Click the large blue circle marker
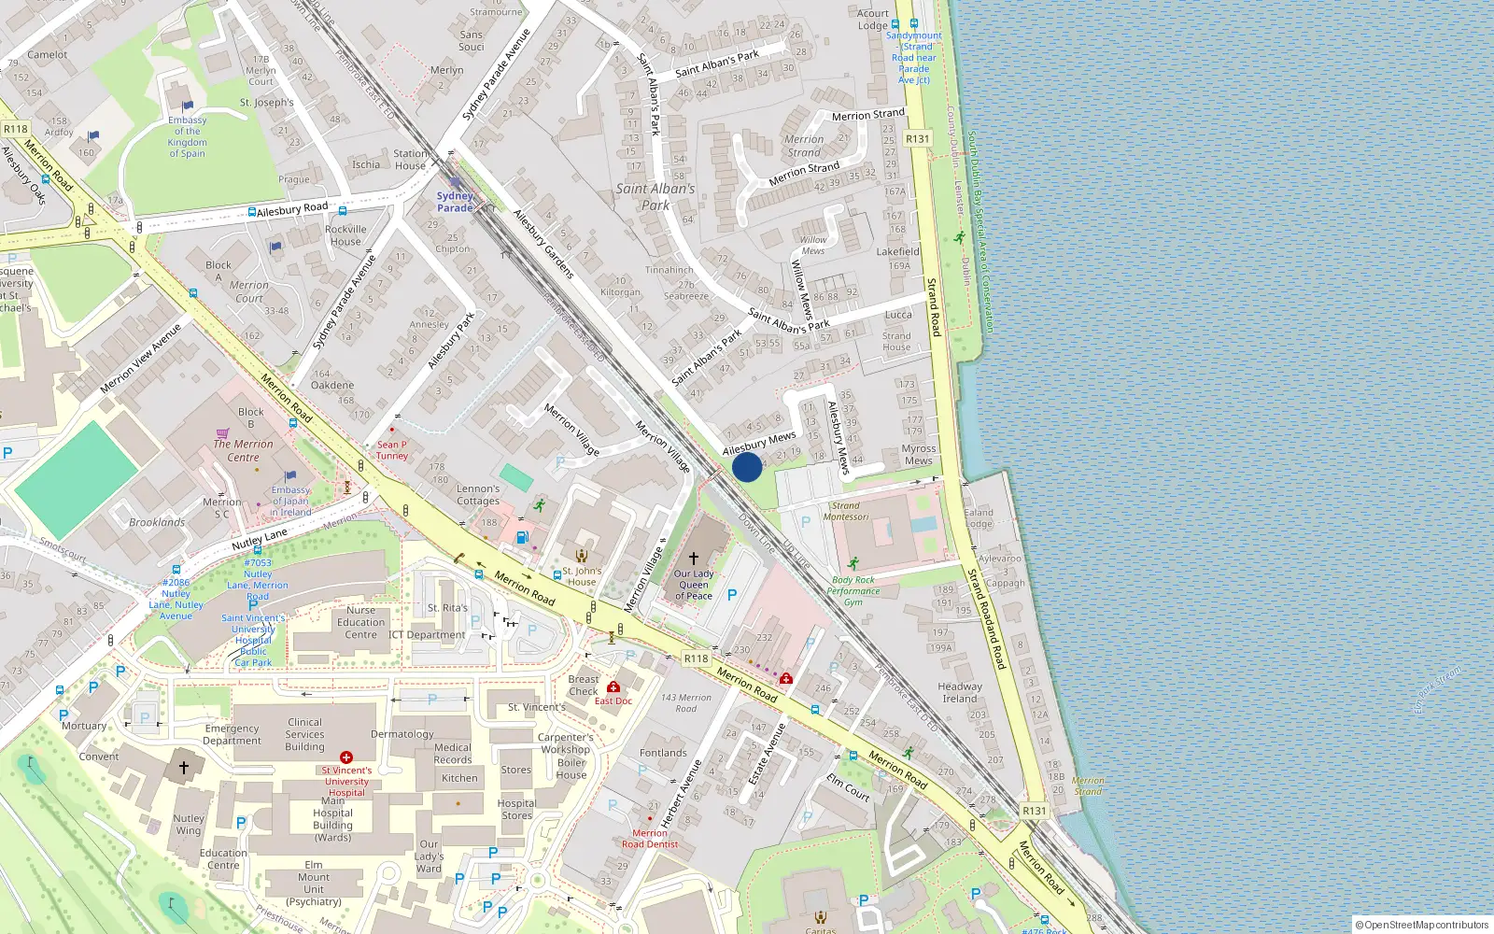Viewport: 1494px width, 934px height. [x=747, y=467]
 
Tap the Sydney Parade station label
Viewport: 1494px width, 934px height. [x=455, y=202]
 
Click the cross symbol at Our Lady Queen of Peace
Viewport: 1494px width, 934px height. [x=693, y=558]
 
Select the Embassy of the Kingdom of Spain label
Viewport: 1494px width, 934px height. [x=188, y=136]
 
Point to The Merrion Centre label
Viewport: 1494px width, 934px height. [x=243, y=450]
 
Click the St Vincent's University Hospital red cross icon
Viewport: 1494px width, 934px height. [x=346, y=757]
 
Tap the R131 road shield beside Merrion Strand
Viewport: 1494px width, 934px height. [x=917, y=139]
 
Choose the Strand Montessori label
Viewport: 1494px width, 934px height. [x=846, y=511]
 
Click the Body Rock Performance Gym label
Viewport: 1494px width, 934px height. [x=853, y=590]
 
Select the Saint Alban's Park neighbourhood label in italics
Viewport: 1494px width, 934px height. [x=655, y=196]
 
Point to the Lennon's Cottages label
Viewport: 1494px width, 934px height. [x=478, y=495]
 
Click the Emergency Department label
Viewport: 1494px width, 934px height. [x=232, y=734]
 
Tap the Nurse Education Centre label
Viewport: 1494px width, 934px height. [x=360, y=622]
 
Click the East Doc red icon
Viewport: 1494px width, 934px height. [x=613, y=687]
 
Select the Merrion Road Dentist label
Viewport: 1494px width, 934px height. [x=650, y=839]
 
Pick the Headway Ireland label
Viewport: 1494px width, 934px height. [x=960, y=692]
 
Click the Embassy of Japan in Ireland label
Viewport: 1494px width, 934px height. [x=290, y=501]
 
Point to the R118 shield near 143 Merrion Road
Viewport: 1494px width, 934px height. [x=696, y=658]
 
